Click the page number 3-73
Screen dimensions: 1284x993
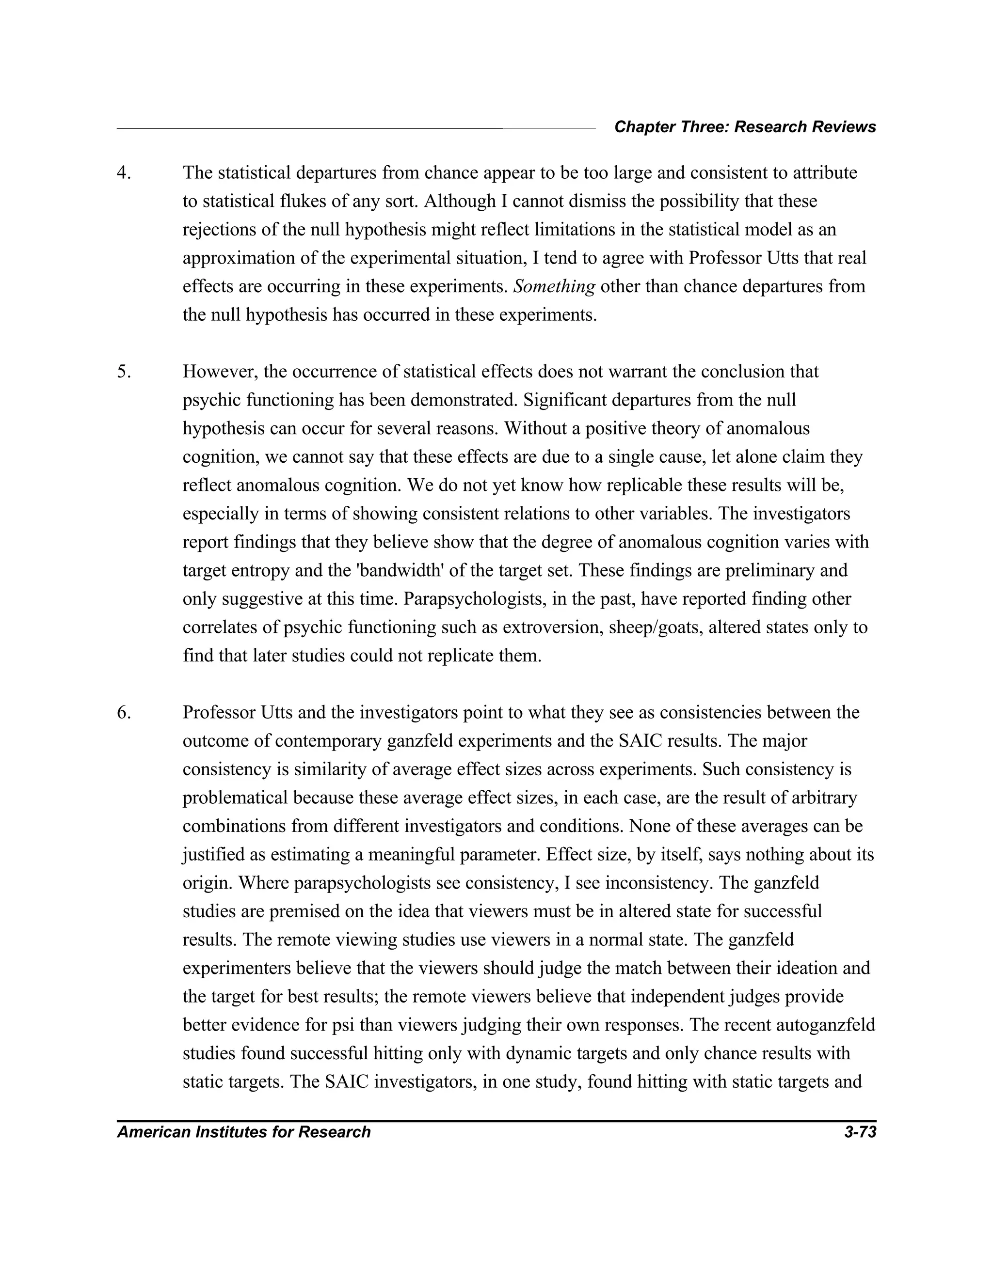coord(860,1132)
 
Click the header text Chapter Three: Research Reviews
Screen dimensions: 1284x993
coord(745,127)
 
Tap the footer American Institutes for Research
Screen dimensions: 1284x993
coord(243,1132)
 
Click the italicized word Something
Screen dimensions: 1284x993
coord(554,286)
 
